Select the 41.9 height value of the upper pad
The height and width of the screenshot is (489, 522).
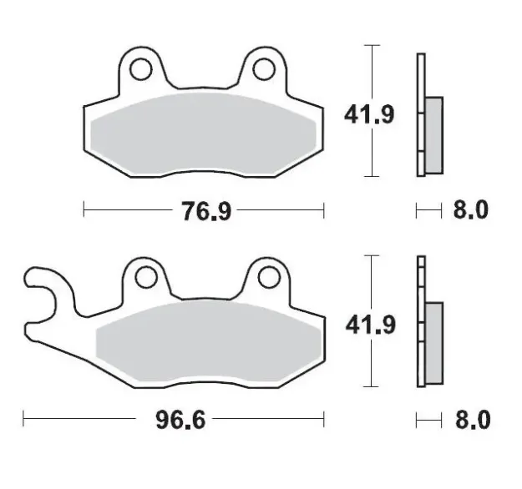coord(366,112)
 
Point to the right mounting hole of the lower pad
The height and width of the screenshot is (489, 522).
coord(267,275)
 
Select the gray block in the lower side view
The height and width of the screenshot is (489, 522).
coord(434,343)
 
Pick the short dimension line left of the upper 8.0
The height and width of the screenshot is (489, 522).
coord(428,210)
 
